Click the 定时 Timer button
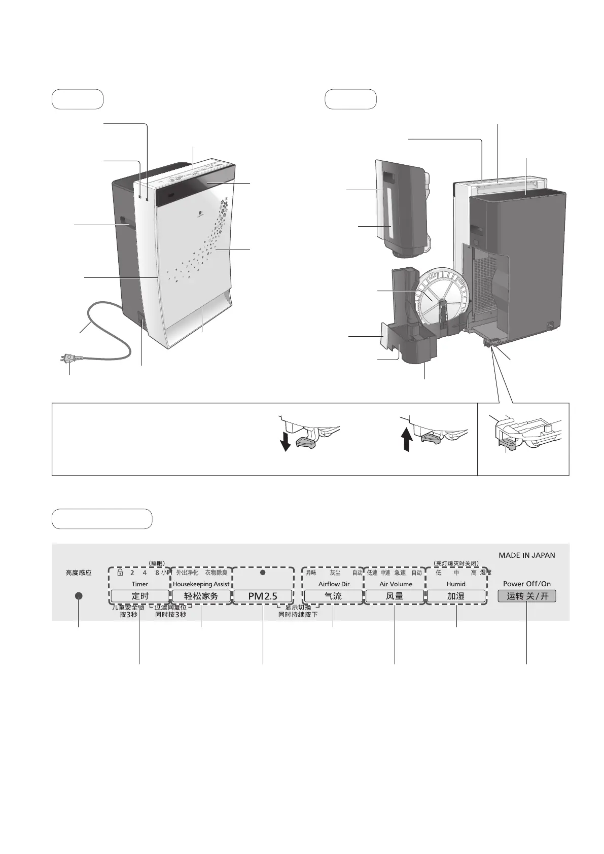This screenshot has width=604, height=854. (x=140, y=596)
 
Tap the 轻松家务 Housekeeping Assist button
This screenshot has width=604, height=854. (x=201, y=596)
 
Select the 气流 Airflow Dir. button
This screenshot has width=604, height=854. (x=333, y=596)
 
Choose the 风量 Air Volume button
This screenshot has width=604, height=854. (x=395, y=596)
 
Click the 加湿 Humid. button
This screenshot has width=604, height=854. (x=456, y=596)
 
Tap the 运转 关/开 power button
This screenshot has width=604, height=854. (x=527, y=596)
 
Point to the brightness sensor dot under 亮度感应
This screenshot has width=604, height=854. (x=79, y=596)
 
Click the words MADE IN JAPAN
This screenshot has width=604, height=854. (x=526, y=555)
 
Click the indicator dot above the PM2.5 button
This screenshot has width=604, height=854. (x=263, y=573)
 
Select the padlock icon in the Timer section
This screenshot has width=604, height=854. (x=120, y=573)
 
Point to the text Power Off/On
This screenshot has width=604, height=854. (x=526, y=584)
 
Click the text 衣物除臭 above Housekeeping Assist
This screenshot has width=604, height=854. (x=216, y=573)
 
